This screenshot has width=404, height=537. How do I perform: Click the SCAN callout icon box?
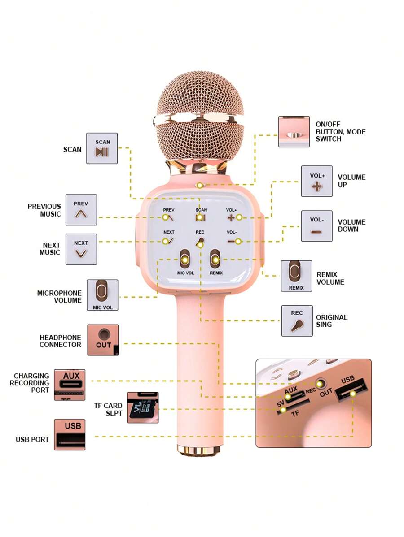point(102,148)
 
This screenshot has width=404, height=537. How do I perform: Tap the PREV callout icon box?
point(81,209)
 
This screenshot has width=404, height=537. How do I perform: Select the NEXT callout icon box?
point(81,249)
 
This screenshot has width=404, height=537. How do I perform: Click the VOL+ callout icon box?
point(316,181)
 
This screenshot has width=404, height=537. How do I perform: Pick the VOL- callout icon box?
point(316,226)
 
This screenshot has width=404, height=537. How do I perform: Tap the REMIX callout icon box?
point(296,276)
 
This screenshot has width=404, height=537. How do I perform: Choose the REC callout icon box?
point(297,321)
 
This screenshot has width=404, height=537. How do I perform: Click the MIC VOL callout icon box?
point(102,295)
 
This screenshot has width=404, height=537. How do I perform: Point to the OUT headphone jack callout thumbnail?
point(103,340)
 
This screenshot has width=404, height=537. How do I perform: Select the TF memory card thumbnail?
point(143,407)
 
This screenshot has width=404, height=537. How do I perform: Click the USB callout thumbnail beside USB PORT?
point(70,434)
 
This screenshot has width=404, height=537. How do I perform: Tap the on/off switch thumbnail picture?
point(294,132)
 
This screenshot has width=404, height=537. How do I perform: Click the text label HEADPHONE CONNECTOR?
point(61,341)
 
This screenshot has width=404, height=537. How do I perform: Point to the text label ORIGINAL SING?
point(331,320)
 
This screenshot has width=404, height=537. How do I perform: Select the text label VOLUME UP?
point(351,181)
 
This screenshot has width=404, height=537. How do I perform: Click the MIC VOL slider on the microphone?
point(184,260)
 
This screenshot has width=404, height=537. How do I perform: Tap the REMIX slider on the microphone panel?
point(215,260)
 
